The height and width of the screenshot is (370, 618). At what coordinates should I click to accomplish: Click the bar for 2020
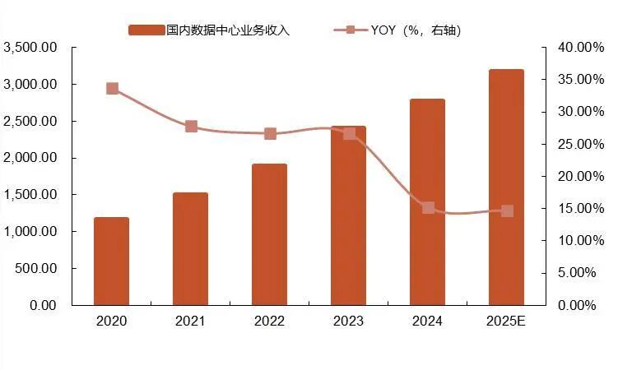(x=111, y=261)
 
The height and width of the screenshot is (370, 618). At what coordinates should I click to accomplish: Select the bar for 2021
(x=190, y=249)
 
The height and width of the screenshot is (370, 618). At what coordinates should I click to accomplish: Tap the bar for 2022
(x=269, y=234)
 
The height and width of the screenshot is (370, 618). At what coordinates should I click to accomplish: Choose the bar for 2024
(x=427, y=202)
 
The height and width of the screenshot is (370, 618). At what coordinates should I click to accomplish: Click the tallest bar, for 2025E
(x=506, y=187)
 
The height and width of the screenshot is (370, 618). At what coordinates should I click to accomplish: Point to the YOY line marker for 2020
(x=112, y=89)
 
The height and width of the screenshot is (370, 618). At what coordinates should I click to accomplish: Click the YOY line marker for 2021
(x=191, y=126)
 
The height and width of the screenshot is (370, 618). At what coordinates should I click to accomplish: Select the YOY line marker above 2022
(x=270, y=134)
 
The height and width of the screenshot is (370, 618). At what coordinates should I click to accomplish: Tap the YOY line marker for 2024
(x=428, y=208)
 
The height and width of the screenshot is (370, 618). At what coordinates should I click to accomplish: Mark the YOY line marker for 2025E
(x=507, y=211)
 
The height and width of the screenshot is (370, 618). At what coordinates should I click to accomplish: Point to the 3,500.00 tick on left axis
(x=30, y=48)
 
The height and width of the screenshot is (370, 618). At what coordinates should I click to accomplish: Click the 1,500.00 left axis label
(x=30, y=195)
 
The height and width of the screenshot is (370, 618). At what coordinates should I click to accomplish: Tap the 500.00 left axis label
(x=36, y=269)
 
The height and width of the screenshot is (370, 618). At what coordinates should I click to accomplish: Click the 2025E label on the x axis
(x=506, y=321)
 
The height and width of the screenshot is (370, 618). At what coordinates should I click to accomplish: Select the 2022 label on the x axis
(x=269, y=321)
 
